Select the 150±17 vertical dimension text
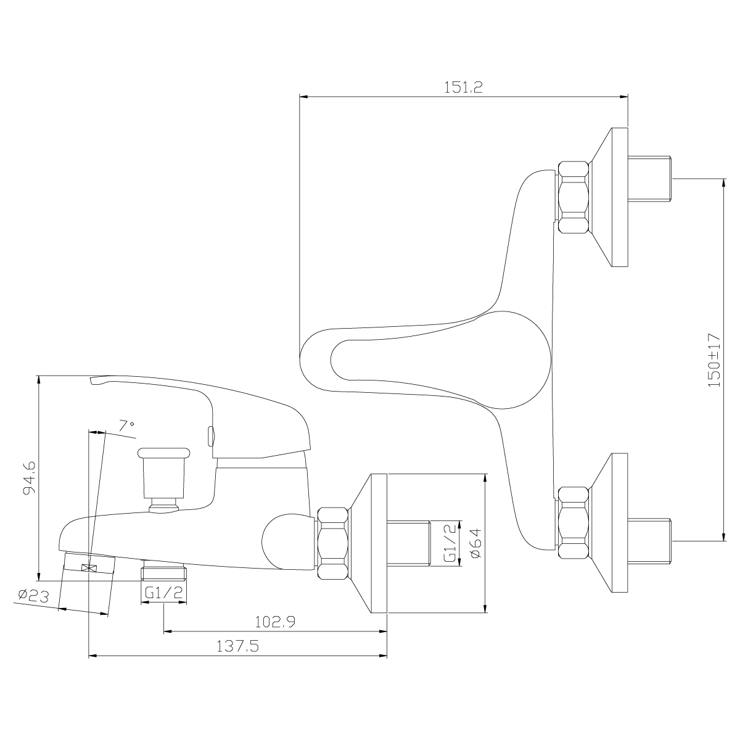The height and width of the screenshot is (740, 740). [x=713, y=360]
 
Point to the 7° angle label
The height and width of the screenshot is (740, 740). [x=126, y=425]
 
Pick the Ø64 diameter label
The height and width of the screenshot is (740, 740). [x=474, y=543]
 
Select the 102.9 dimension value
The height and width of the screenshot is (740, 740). [x=275, y=622]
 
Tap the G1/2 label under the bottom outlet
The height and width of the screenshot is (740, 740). [x=164, y=592]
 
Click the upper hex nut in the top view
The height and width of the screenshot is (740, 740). [x=573, y=197]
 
